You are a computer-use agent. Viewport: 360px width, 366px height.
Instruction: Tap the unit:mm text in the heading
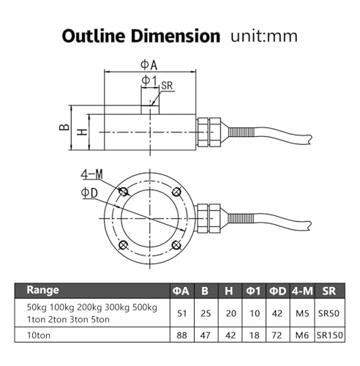264,37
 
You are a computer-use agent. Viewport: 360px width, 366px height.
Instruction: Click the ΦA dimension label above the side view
149,65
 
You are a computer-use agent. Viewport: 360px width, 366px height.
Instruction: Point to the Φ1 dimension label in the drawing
150,81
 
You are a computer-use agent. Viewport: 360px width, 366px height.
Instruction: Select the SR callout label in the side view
167,86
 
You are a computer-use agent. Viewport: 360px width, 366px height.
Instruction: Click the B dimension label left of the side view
64,127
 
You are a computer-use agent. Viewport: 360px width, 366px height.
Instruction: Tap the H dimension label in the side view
82,132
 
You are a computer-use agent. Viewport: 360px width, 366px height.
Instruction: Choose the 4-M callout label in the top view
92,174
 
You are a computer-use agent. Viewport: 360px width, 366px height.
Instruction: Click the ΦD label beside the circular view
89,193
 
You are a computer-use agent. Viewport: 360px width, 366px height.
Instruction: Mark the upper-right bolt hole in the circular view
176,192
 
